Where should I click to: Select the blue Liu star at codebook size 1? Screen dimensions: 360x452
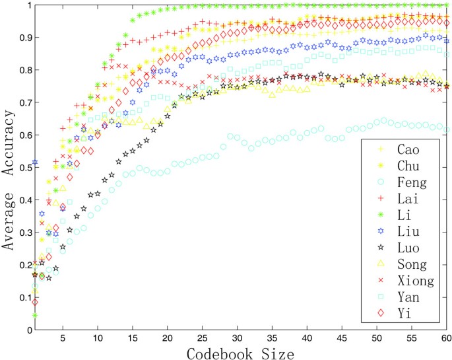35,162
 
